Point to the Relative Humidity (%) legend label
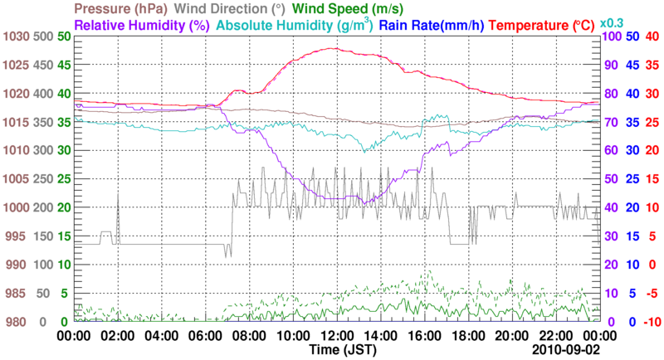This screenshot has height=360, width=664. click(x=141, y=25)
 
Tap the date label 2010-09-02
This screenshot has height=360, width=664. click(x=564, y=350)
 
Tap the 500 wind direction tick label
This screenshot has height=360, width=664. click(x=41, y=37)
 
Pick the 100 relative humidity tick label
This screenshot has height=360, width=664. click(x=612, y=37)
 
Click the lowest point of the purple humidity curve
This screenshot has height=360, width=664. click(x=364, y=204)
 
